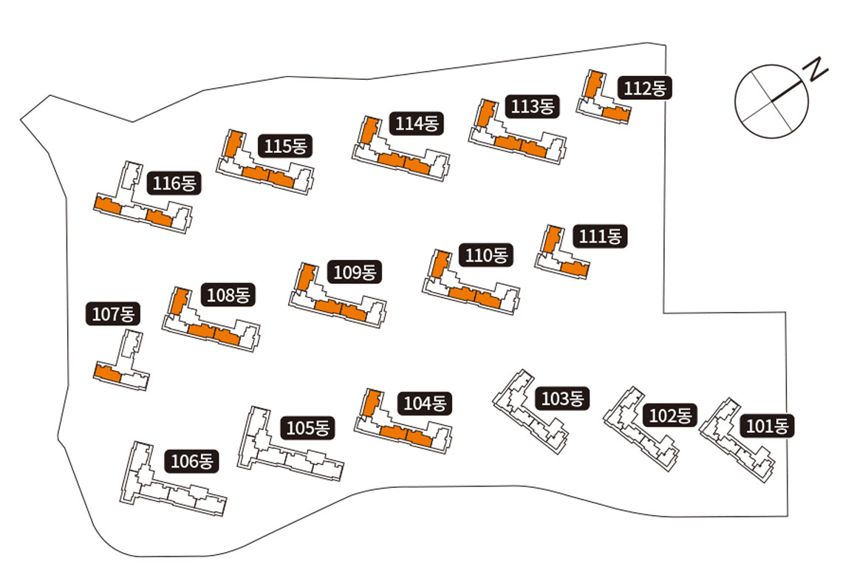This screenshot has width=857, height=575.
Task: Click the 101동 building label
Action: [x=769, y=426]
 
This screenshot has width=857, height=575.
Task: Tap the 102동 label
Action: [x=671, y=415]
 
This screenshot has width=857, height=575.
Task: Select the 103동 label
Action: [x=564, y=399]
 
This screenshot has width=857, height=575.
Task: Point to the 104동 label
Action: [x=426, y=404]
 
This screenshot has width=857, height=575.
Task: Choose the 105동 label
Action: [x=310, y=427]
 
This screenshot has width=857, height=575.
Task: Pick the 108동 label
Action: [x=229, y=296]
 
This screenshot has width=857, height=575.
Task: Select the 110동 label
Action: [x=486, y=256]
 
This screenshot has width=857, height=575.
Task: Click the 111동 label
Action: [x=601, y=237]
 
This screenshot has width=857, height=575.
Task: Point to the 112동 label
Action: [x=645, y=88]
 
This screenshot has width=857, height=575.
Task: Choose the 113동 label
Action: [x=532, y=106]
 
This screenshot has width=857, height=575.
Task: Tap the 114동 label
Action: [x=417, y=123]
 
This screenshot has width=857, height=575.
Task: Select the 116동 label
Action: [x=174, y=183]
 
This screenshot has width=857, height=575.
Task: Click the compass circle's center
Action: [x=771, y=101]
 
